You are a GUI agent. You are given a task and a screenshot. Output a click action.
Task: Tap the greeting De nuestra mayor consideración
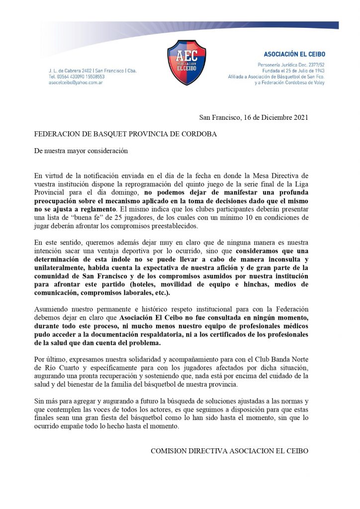(81, 151)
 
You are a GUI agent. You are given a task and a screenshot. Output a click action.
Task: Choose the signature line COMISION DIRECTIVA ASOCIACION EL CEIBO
(229, 451)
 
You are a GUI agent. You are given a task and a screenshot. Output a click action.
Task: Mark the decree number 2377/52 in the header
(314, 65)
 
